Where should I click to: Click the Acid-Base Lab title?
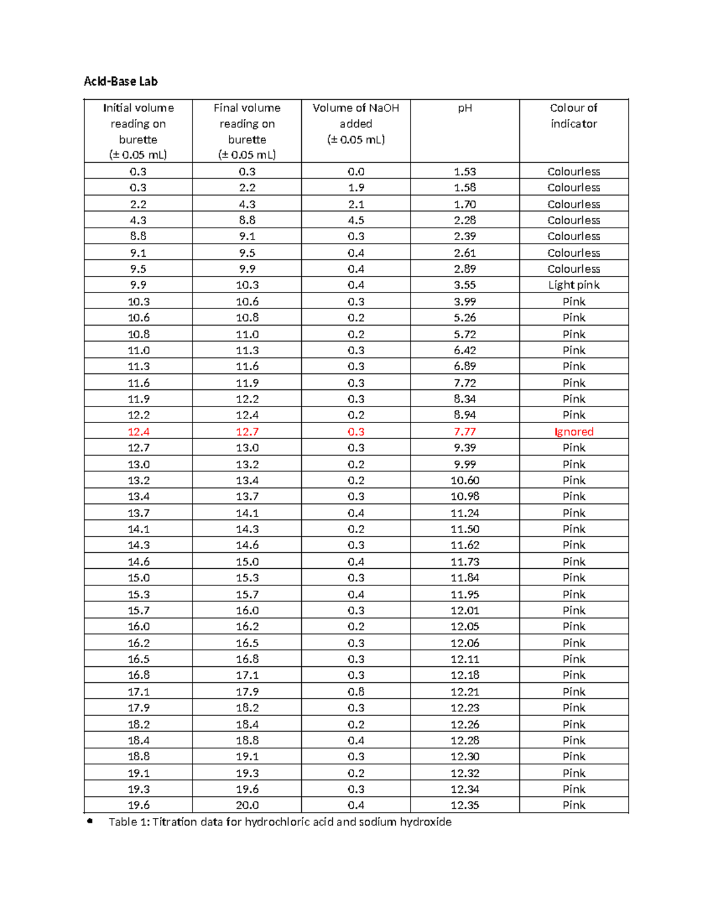tap(121, 81)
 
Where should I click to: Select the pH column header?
tap(465, 108)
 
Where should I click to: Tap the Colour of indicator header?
tap(573, 116)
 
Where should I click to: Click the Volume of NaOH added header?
tap(356, 124)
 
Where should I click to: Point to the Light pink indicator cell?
tap(573, 285)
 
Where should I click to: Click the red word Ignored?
tap(573, 432)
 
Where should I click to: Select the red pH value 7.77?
tap(465, 432)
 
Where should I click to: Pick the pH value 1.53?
tap(465, 172)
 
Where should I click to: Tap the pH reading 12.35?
tap(465, 805)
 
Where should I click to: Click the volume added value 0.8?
tap(356, 692)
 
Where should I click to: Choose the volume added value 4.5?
tap(356, 220)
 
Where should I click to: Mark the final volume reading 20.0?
tap(247, 805)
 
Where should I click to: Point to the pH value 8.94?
tap(465, 415)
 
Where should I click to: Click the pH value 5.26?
tap(465, 318)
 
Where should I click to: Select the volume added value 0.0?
tap(356, 172)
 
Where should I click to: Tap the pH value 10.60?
tap(465, 480)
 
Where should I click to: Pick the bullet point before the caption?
tap(90, 821)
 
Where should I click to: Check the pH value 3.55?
tap(465, 285)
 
